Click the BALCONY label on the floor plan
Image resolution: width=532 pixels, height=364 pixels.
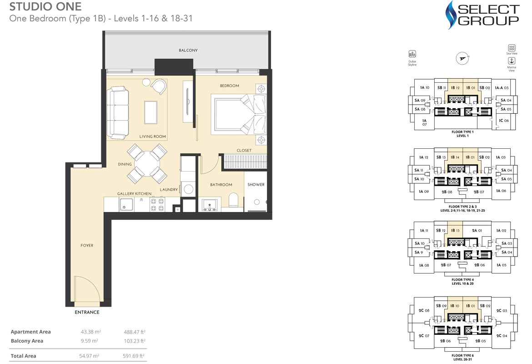(188, 51)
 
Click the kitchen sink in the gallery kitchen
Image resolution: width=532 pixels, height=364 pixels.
(127, 205)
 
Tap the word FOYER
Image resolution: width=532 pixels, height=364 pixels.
(86, 246)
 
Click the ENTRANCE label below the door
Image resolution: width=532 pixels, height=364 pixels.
(86, 313)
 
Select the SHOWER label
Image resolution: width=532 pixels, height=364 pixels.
(256, 185)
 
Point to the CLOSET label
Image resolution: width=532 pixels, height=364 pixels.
(244, 151)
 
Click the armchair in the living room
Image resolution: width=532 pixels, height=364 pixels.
(159, 86)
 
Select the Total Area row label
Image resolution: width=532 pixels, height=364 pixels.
(23, 356)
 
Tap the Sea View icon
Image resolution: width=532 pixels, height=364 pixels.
(512, 48)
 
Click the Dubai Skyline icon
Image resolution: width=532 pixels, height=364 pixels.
(412, 54)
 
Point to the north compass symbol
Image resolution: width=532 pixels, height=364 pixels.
(462, 58)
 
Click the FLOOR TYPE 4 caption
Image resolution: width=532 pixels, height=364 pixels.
(462, 279)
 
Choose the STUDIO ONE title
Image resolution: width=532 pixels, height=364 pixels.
(45, 7)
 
